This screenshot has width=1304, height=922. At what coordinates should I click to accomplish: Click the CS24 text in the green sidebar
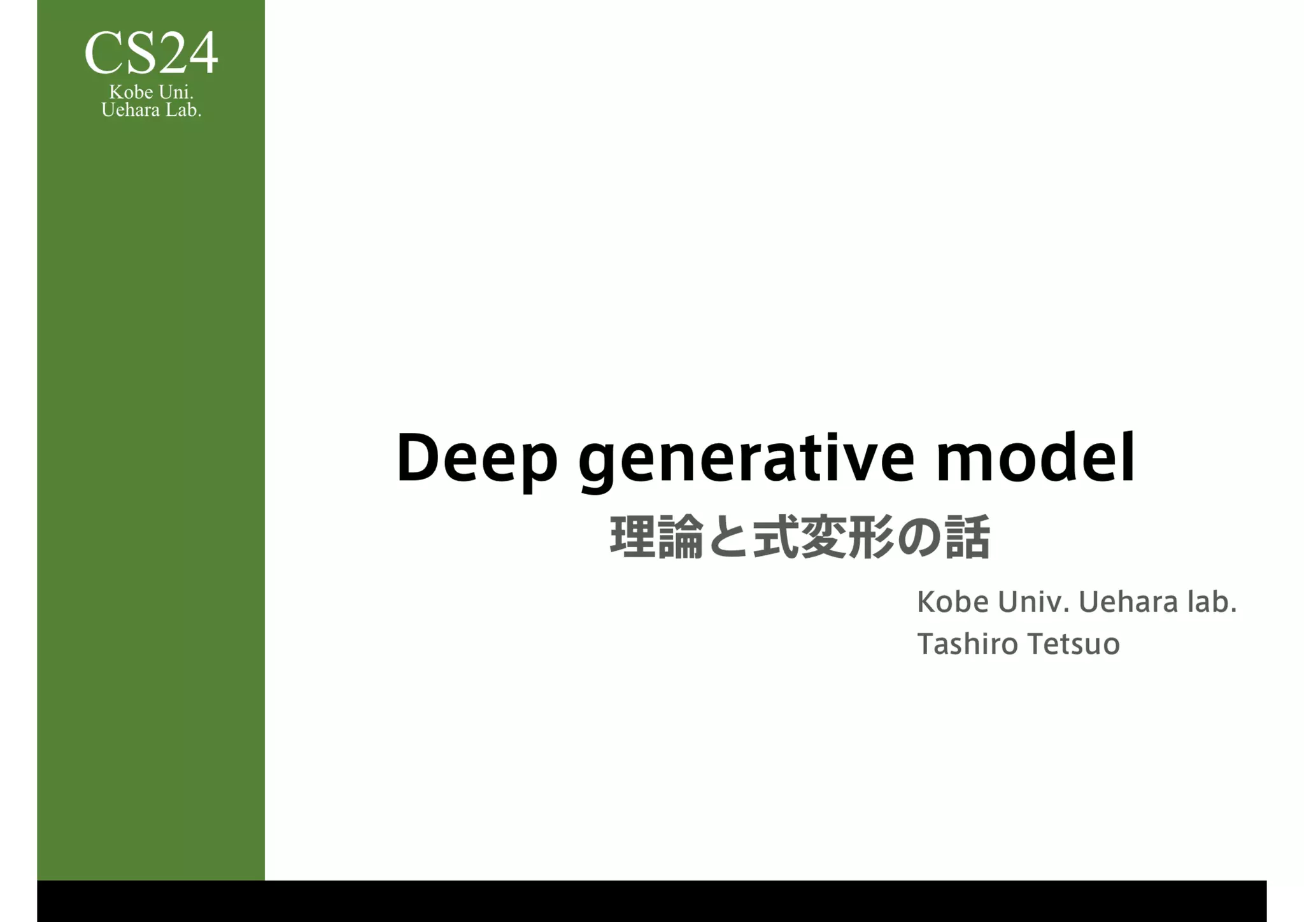(x=151, y=53)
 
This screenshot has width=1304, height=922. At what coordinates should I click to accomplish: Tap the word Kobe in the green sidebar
(x=131, y=92)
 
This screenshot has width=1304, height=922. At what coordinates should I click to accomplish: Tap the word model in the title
(x=1035, y=458)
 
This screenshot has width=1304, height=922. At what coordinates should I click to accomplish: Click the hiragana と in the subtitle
(x=727, y=539)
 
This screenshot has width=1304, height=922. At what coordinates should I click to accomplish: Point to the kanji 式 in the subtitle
(x=776, y=537)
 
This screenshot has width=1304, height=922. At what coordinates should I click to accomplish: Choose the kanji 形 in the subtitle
(x=870, y=537)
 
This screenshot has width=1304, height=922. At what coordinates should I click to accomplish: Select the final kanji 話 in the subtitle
(x=967, y=537)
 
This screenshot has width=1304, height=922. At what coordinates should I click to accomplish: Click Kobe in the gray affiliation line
(x=953, y=602)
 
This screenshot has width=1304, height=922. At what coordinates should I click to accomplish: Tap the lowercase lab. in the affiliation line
(x=1212, y=602)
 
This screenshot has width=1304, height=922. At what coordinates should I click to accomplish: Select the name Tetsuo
(x=1074, y=644)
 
